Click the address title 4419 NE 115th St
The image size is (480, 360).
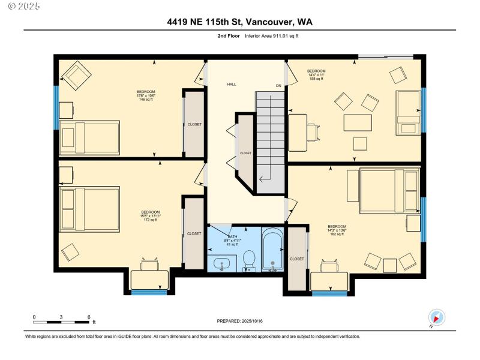click(x=239, y=22)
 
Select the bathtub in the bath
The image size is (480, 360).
click(x=274, y=252)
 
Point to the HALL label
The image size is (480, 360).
click(x=231, y=85)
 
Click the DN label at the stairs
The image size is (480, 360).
click(x=278, y=86)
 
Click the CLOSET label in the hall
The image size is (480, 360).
click(x=246, y=154)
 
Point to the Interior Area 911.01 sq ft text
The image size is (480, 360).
click(x=271, y=36)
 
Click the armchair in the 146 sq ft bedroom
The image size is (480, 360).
click(x=77, y=74)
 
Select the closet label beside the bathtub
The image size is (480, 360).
click(x=297, y=259)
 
